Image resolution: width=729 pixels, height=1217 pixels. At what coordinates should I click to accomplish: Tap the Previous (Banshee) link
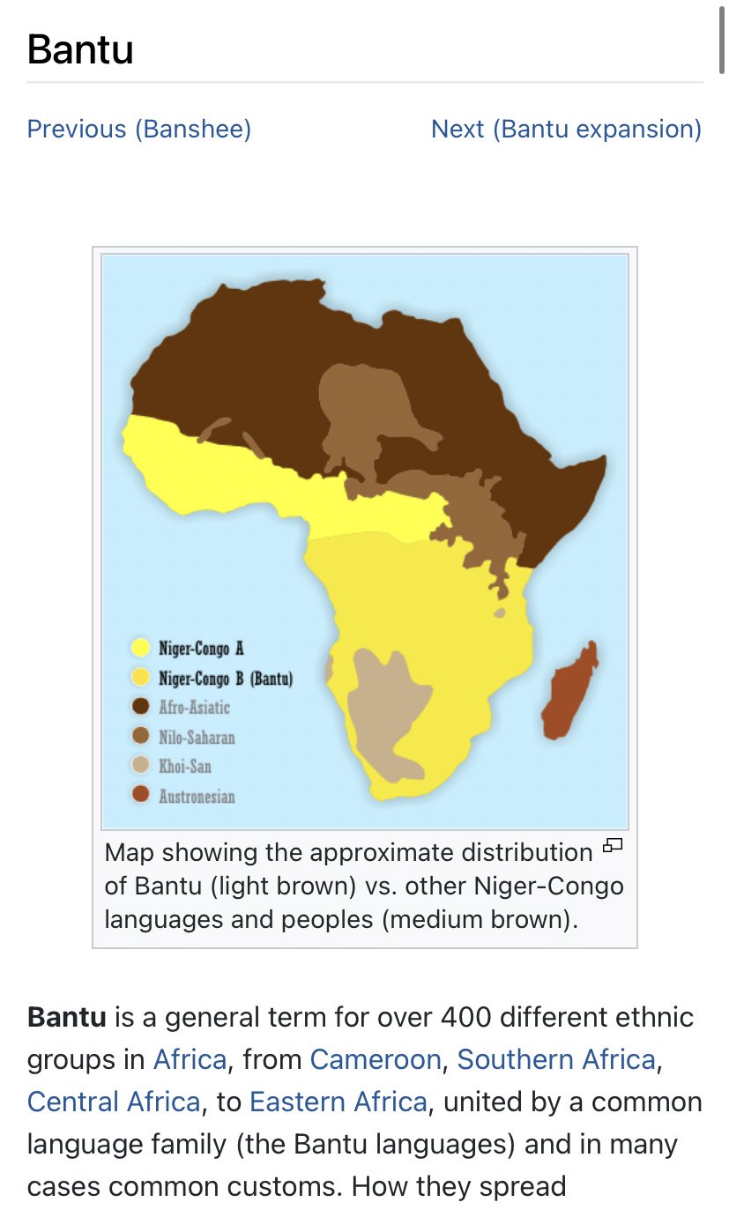tap(139, 130)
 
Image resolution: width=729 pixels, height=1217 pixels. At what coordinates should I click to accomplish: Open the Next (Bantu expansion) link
tap(566, 130)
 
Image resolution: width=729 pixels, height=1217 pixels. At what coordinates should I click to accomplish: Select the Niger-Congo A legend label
tap(200, 649)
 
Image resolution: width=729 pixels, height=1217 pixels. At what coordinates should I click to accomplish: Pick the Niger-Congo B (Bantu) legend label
tap(225, 678)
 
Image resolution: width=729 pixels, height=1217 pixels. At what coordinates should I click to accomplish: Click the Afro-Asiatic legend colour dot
tap(139, 707)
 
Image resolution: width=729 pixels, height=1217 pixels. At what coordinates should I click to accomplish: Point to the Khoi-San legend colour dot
tap(139, 766)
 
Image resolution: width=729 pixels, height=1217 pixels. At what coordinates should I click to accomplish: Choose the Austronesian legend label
tap(196, 796)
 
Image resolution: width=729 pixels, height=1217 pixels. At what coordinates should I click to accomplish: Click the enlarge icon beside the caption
tap(612, 847)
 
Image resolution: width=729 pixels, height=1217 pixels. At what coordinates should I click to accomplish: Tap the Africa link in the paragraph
tap(190, 1058)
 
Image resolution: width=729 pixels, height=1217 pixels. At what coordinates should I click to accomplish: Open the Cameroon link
tap(376, 1058)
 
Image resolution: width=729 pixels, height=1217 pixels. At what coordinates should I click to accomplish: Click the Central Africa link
tap(114, 1102)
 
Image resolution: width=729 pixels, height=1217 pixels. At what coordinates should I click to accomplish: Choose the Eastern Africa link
tap(338, 1102)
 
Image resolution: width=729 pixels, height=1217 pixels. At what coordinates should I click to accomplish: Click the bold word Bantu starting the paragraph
tap(66, 1017)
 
